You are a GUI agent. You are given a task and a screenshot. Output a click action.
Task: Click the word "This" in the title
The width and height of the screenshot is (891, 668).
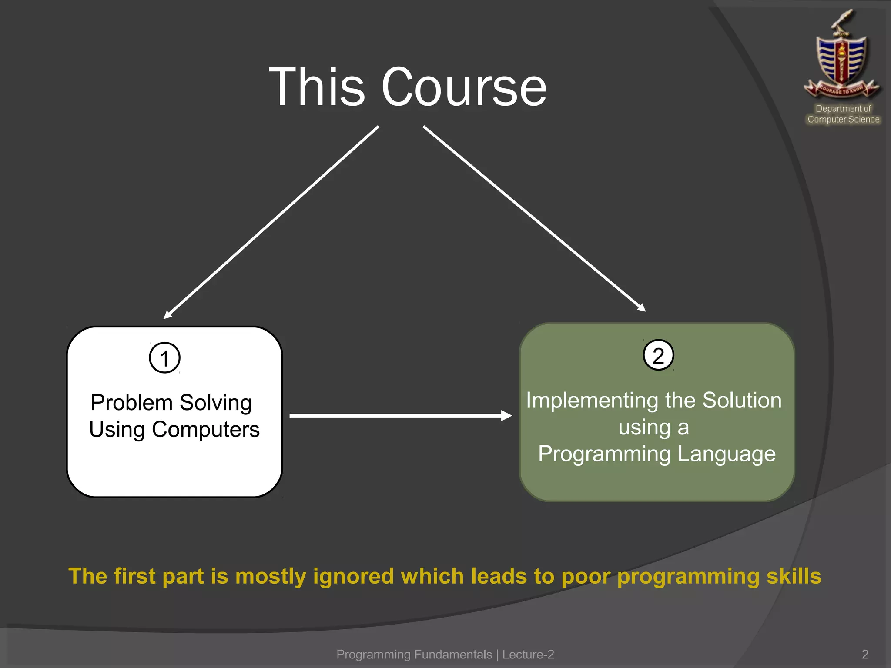click(x=317, y=87)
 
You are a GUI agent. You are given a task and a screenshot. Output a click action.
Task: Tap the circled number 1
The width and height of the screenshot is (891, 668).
click(x=164, y=358)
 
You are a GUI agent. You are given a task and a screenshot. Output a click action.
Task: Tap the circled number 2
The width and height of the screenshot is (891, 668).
click(x=658, y=355)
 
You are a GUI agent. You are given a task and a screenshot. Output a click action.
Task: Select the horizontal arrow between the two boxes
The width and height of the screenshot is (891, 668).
click(x=400, y=415)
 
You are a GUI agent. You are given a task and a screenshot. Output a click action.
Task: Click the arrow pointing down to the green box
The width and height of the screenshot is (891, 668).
click(x=534, y=218)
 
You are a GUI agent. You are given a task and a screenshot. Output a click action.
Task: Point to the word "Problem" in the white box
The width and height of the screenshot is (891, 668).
click(x=132, y=403)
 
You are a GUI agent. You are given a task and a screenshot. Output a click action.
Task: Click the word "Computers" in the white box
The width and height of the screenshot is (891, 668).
click(x=205, y=430)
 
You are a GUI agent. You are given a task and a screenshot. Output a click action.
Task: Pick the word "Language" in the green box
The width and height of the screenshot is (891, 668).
click(x=726, y=454)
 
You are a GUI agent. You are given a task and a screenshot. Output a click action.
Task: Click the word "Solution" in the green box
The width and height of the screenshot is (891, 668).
click(x=742, y=400)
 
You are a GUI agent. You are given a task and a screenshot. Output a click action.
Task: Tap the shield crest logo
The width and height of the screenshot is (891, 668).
click(x=842, y=57)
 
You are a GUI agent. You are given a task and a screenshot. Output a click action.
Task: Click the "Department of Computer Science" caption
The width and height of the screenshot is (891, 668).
click(x=843, y=114)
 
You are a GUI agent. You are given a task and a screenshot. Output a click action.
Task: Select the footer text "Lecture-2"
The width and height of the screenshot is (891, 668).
click(x=528, y=654)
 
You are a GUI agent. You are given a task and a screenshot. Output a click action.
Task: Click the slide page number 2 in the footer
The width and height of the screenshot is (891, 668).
click(x=865, y=654)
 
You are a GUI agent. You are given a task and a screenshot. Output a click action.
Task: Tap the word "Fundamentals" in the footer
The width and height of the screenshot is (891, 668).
click(x=453, y=654)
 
